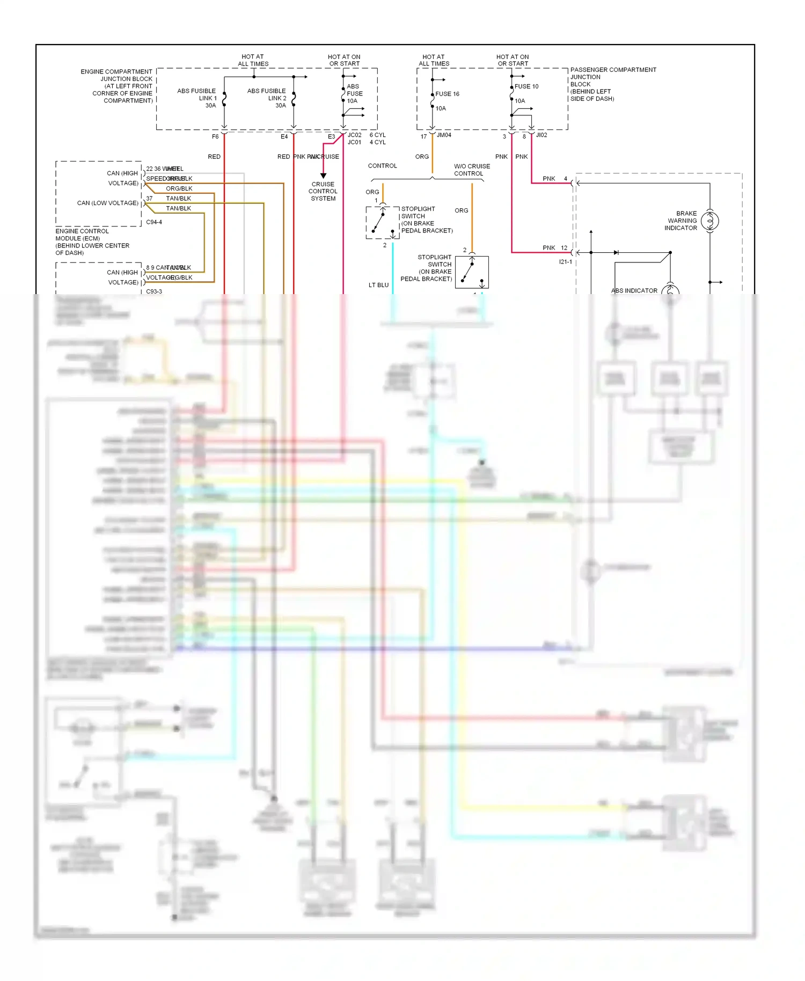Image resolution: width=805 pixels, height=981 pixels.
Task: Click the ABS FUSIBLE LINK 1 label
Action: tap(196, 98)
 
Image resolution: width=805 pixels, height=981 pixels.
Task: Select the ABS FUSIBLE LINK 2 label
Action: tap(267, 98)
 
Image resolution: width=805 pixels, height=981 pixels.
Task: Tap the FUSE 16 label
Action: tap(447, 94)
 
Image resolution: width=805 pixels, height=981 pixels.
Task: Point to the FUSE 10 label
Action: tap(526, 86)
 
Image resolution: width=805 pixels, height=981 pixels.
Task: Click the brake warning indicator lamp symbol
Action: tap(709, 221)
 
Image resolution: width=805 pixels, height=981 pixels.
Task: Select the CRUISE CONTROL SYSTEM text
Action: tap(323, 191)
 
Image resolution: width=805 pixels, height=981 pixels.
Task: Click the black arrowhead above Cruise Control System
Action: tap(323, 175)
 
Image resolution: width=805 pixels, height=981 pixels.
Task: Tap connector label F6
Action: tap(215, 137)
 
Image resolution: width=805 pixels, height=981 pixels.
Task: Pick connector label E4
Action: tap(284, 137)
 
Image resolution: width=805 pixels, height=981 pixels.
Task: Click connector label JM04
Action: tap(444, 135)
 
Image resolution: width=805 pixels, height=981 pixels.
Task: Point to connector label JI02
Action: tap(541, 135)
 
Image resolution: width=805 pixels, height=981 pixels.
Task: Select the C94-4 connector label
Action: tap(154, 222)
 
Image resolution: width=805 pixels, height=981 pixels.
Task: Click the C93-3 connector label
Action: tap(154, 291)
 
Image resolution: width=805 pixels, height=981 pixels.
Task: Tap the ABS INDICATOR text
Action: tap(634, 291)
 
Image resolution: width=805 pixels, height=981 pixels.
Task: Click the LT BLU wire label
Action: tap(378, 285)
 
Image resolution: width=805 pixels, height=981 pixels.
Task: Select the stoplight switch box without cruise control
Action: tap(472, 272)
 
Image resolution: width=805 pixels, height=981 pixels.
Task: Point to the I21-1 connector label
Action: tap(565, 262)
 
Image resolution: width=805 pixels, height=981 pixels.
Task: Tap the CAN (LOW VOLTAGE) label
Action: tap(107, 203)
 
